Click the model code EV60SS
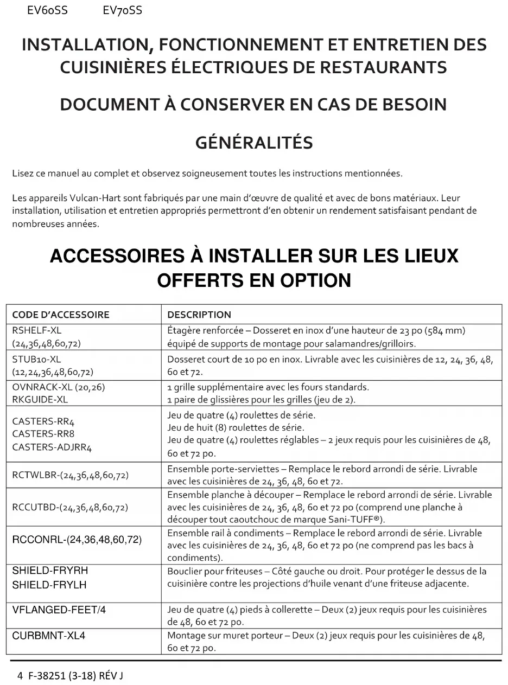(47, 10)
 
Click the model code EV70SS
(122, 10)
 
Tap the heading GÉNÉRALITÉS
(253, 143)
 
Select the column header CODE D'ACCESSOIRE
(61, 315)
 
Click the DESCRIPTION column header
(199, 315)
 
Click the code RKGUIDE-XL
(40, 400)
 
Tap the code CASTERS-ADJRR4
(52, 447)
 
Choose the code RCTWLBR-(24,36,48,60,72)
(71, 476)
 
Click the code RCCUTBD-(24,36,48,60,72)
(71, 508)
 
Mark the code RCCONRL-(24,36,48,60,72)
(77, 540)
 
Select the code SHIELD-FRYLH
(49, 585)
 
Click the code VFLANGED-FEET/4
(59, 610)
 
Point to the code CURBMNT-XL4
(49, 636)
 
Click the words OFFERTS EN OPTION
(253, 280)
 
